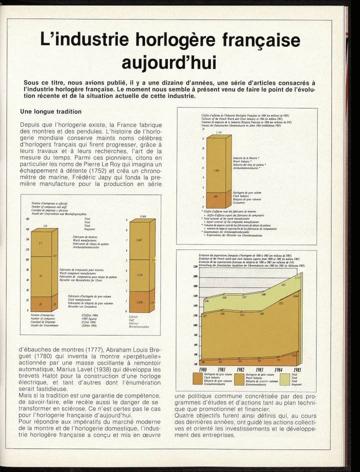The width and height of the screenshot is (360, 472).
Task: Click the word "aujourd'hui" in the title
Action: click(169, 63)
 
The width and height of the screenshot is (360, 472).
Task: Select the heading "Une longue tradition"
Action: click(50, 111)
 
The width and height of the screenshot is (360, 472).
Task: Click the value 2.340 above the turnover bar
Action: click(212, 132)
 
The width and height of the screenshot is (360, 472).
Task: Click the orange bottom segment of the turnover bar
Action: click(216, 199)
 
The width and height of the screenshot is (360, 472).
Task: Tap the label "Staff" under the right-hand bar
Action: click(132, 319)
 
